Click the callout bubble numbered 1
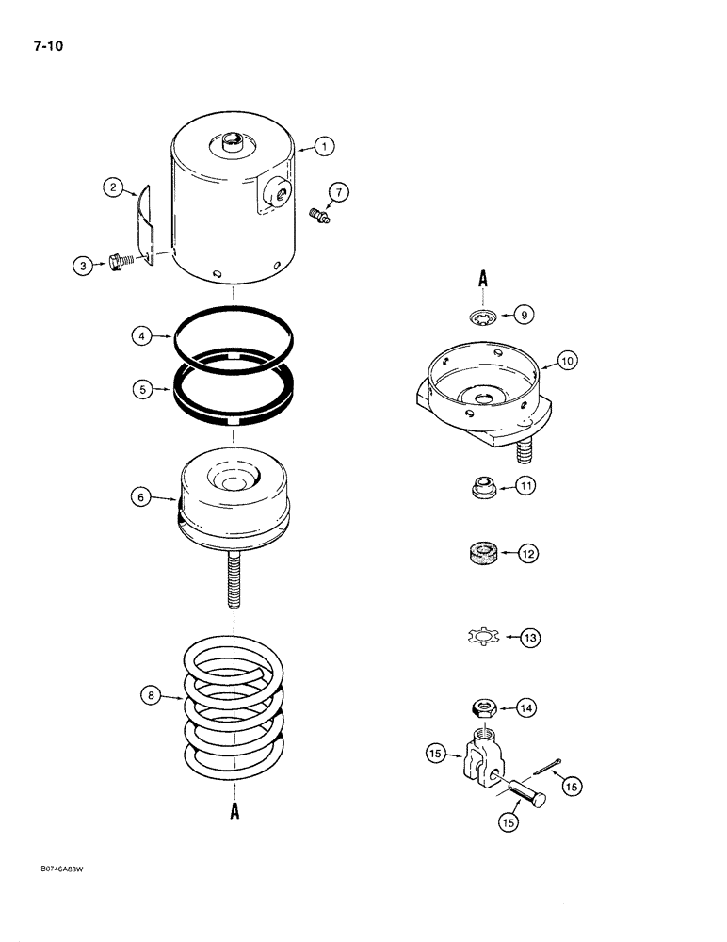point(322,146)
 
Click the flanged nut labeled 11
point(481,487)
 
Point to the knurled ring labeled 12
point(481,554)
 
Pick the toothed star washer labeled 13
point(481,638)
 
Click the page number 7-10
point(32,41)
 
